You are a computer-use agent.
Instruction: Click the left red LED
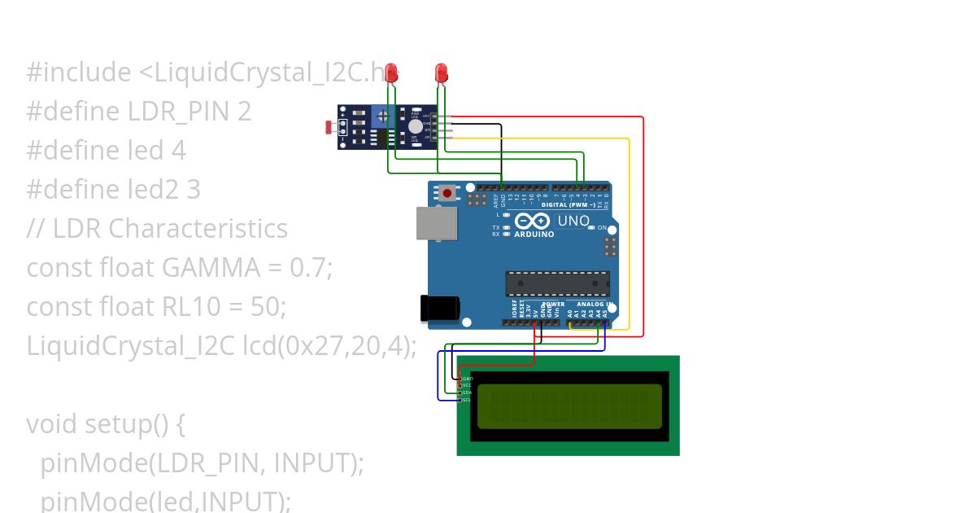391,72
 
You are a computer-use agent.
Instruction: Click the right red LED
441,72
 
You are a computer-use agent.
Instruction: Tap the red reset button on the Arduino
447,194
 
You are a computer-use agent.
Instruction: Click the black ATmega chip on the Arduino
557,283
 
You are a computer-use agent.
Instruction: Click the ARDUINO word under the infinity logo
534,235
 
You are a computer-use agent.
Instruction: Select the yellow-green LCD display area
569,406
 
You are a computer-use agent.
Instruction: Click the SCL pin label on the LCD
467,400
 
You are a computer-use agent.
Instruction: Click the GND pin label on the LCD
468,379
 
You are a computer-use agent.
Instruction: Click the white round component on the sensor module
416,126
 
